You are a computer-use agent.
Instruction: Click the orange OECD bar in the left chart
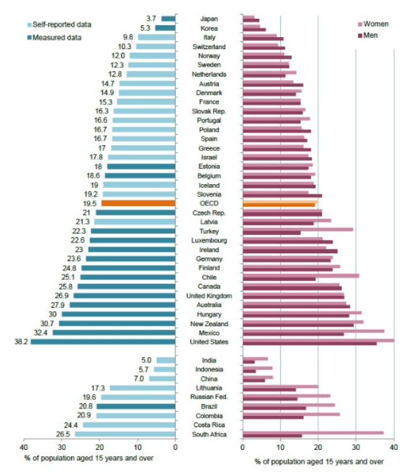click(x=138, y=204)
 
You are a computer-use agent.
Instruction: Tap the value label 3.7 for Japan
click(x=151, y=19)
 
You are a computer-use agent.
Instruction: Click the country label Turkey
click(x=209, y=231)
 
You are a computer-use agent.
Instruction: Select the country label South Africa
click(x=209, y=434)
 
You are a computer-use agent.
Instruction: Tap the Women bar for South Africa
click(x=313, y=432)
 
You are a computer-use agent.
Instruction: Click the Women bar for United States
click(x=318, y=340)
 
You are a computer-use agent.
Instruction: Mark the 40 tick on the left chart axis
click(x=24, y=447)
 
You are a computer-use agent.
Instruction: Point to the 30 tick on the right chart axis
click(x=356, y=447)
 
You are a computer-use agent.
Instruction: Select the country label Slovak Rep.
click(x=209, y=111)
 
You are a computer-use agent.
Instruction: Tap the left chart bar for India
click(x=166, y=361)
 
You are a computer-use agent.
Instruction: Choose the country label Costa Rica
click(x=209, y=425)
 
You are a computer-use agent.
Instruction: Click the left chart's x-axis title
click(x=89, y=459)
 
